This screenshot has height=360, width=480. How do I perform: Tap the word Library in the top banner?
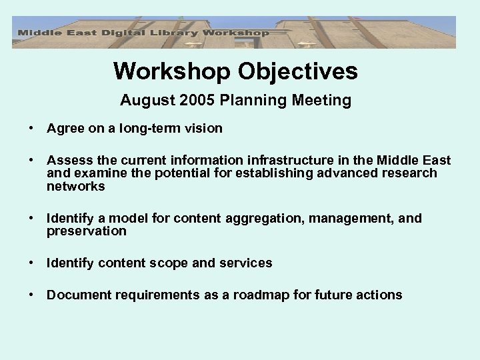[165, 32]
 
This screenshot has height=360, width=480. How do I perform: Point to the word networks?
[75, 186]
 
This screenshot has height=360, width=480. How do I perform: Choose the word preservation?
[86, 231]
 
